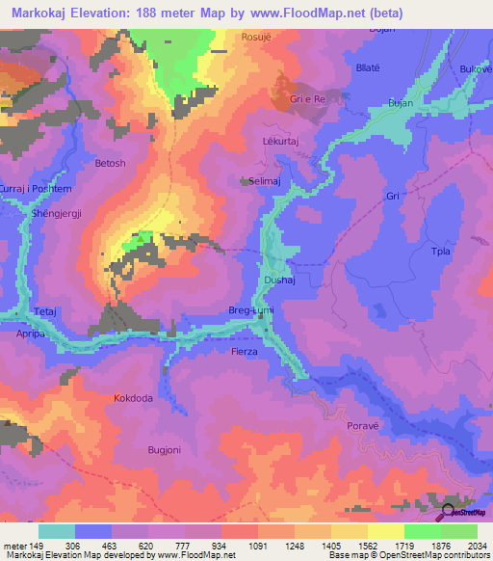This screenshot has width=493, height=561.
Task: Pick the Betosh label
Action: (x=110, y=164)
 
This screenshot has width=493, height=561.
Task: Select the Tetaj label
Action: (x=46, y=312)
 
